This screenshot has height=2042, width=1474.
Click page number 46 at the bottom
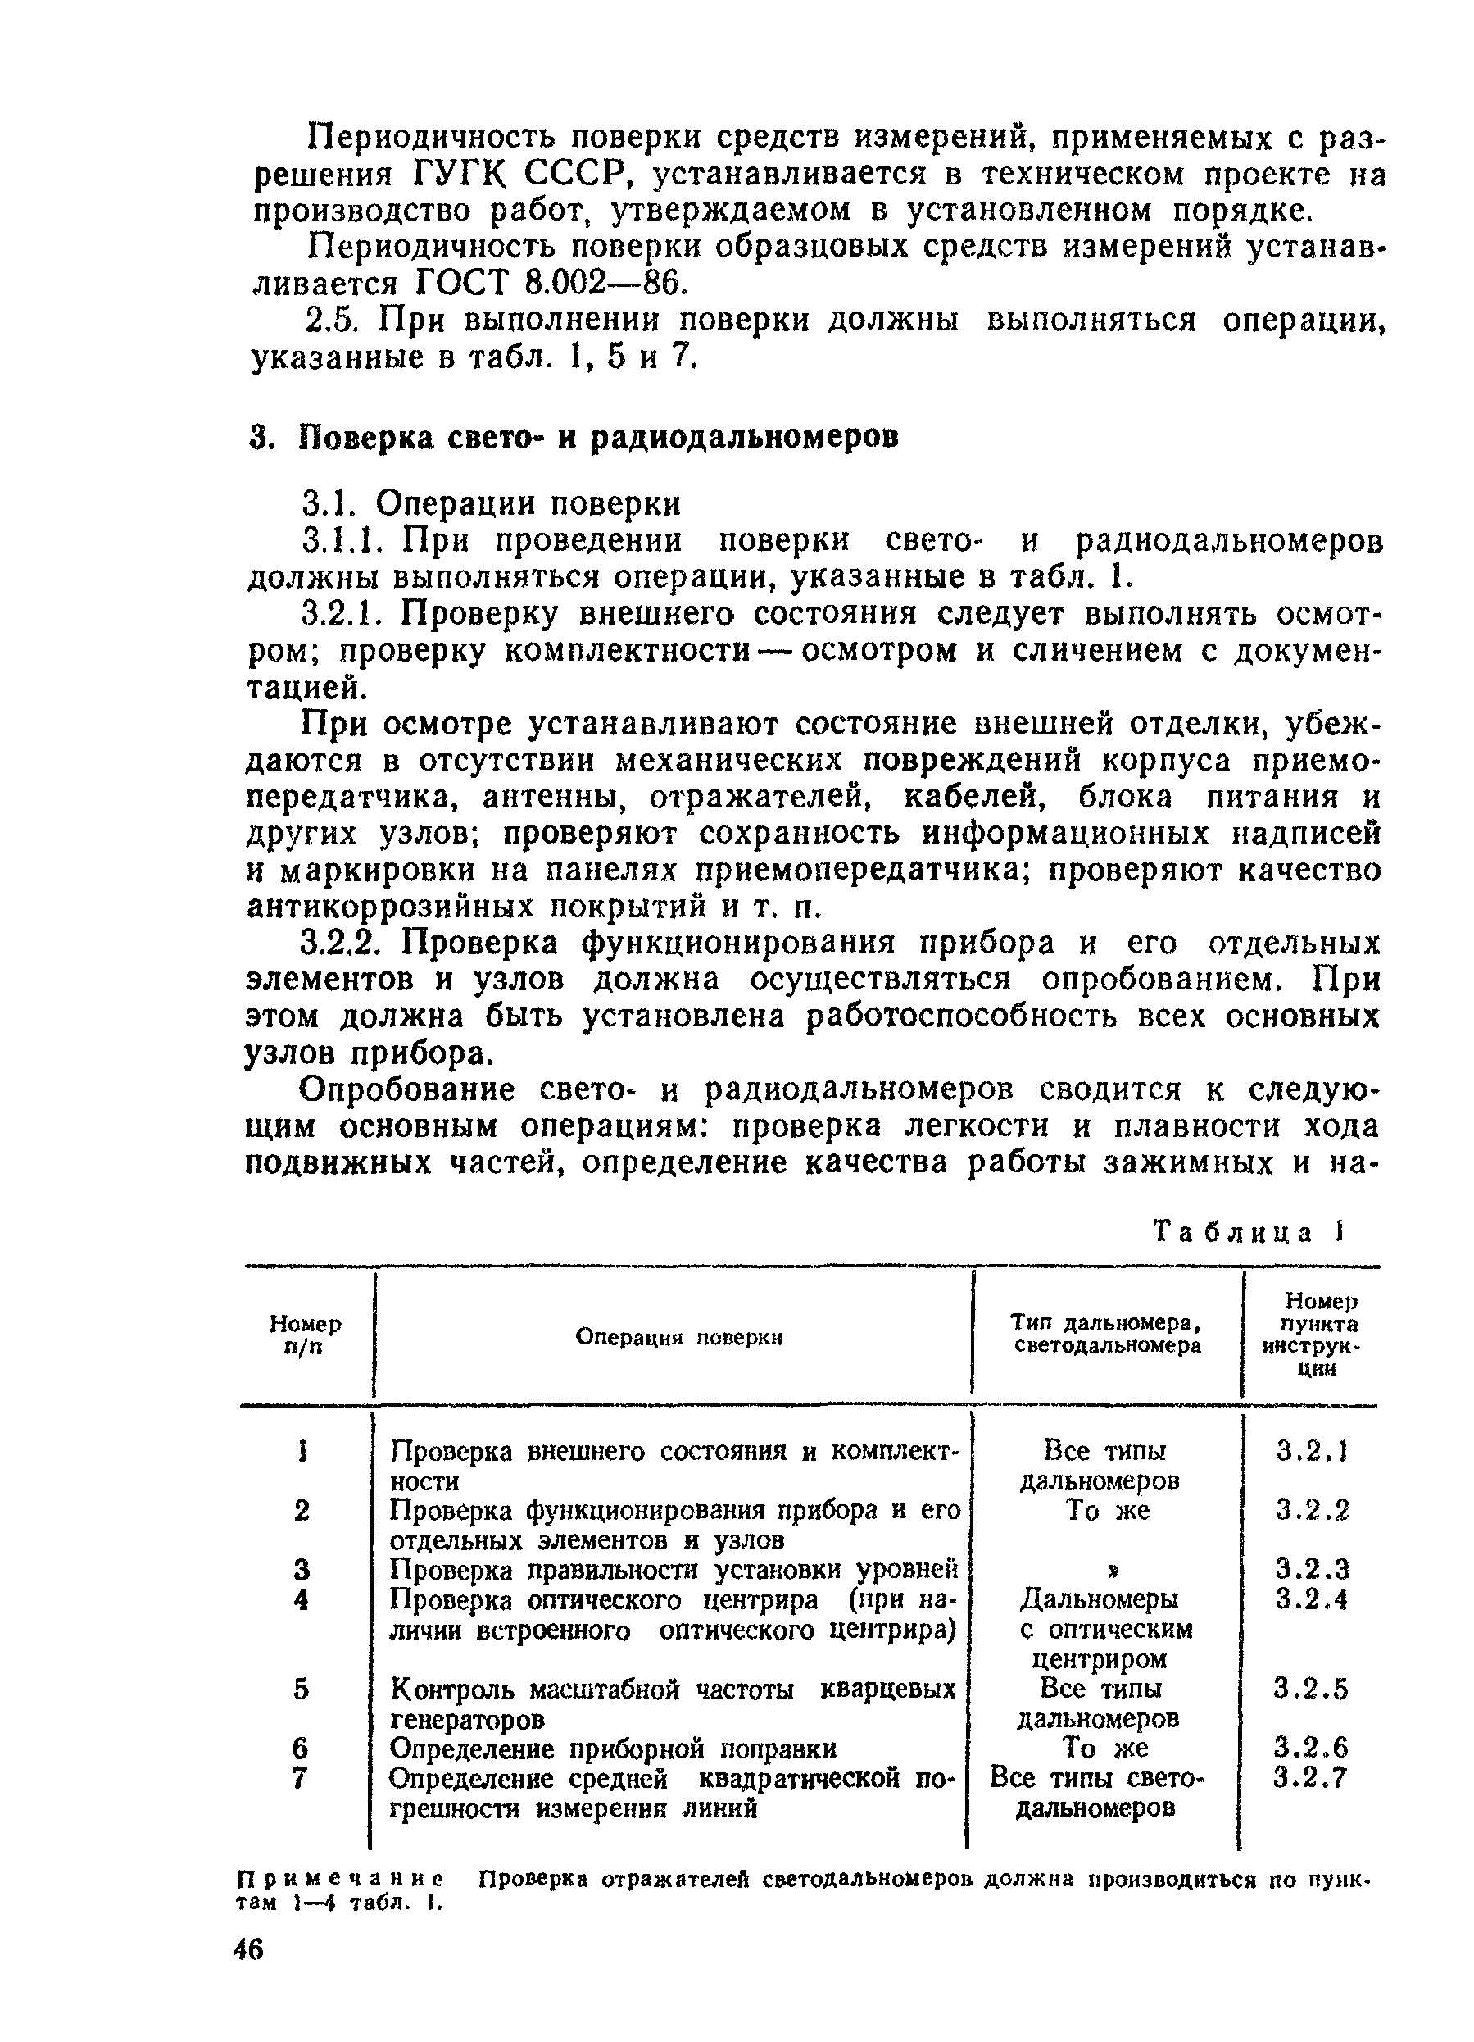pyautogui.click(x=248, y=1949)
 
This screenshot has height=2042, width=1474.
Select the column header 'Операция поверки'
pyautogui.click(x=678, y=1337)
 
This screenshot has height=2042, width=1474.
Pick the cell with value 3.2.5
pyautogui.click(x=1310, y=1688)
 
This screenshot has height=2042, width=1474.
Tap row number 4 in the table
pyautogui.click(x=302, y=1600)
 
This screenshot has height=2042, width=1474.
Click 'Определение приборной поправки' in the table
pyautogui.click(x=613, y=1749)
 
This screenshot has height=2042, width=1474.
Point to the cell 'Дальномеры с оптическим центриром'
pyautogui.click(x=1106, y=1629)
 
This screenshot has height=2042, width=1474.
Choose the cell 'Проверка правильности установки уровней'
pyautogui.click(x=674, y=1570)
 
